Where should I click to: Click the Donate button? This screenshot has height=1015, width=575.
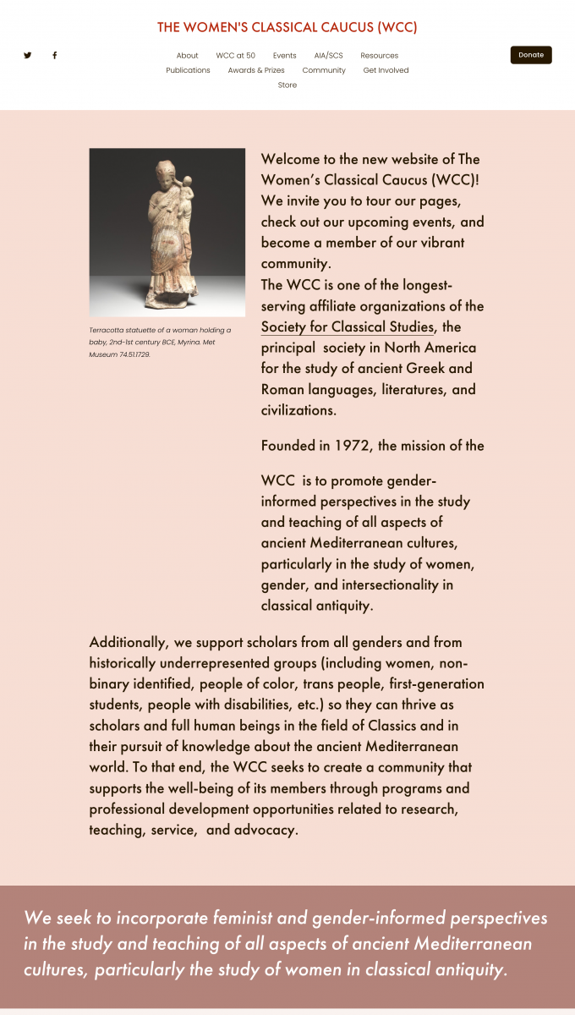(x=531, y=55)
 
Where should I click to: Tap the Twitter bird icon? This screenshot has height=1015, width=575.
(x=28, y=55)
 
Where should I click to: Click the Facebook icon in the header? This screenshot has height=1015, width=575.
(x=55, y=55)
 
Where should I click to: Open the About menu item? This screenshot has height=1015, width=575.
(x=188, y=56)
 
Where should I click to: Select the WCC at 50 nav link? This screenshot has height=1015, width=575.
(x=236, y=56)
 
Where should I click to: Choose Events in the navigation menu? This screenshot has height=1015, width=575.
(x=285, y=56)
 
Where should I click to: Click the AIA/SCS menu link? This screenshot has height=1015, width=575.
(x=329, y=56)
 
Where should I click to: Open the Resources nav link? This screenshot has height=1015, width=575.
(x=380, y=56)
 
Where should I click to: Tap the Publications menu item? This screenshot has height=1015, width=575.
(x=188, y=70)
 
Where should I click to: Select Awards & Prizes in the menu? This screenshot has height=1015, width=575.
(x=256, y=70)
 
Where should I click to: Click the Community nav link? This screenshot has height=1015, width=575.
(x=324, y=70)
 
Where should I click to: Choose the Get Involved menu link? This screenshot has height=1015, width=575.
(x=386, y=70)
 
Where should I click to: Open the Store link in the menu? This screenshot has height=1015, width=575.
(x=287, y=85)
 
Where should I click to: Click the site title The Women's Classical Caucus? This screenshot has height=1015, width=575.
(x=287, y=27)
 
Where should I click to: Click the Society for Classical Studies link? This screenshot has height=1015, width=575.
(x=348, y=327)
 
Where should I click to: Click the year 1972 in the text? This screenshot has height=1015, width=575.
(x=352, y=446)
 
